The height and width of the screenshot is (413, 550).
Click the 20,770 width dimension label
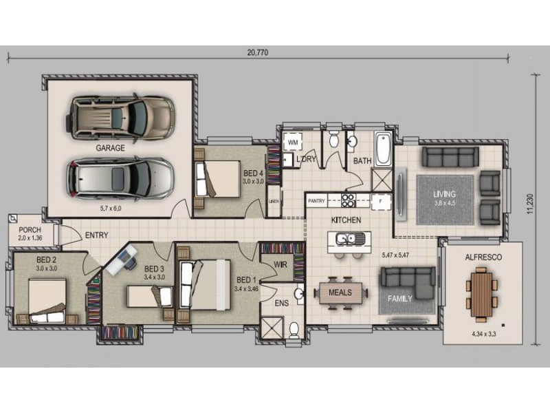[257, 53]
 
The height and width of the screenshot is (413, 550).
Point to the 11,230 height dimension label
[529, 204]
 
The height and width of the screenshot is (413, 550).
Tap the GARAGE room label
[110, 148]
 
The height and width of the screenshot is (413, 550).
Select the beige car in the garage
[120, 116]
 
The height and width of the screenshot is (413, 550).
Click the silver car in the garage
[120, 179]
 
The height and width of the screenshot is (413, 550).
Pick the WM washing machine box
[293, 142]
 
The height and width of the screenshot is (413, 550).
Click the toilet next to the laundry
[334, 139]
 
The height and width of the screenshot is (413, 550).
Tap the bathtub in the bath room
[383, 149]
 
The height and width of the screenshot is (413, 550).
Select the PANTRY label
[316, 201]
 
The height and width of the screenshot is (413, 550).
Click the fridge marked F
[381, 201]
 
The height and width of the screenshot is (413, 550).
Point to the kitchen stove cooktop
[349, 201]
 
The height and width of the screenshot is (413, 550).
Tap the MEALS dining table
[340, 293]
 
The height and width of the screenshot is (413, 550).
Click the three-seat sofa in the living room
[450, 157]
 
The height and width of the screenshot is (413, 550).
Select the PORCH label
[30, 230]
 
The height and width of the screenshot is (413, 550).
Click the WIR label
[280, 264]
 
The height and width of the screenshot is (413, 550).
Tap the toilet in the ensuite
[294, 330]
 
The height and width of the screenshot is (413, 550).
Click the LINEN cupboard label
[274, 202]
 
